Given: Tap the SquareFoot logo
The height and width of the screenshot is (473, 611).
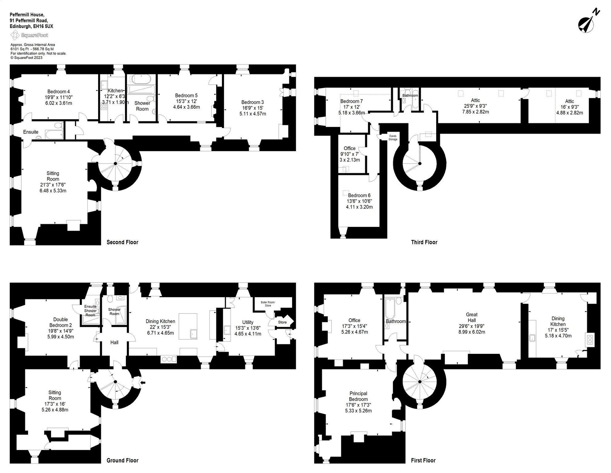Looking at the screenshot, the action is pos(30,35).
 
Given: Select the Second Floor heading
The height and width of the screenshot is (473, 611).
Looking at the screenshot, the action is pos(122,242).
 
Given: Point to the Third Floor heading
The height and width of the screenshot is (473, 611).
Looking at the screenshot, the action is pos(424,242).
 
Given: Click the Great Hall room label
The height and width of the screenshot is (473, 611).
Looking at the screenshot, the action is pos(472,317).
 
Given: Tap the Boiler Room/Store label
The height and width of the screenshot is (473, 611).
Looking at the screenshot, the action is pos(268,304).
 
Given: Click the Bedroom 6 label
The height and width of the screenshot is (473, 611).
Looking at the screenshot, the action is pos(359,195).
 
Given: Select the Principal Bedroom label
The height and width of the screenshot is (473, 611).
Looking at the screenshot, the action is pos(358,396).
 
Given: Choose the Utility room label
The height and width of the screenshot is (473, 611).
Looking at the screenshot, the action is pos(248,322).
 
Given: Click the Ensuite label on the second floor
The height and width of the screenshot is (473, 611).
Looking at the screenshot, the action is pos(31,132).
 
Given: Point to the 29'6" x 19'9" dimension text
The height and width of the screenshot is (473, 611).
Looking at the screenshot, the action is pos(472,326).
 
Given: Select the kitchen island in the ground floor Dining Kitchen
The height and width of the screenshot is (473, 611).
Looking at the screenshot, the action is pos(188,326).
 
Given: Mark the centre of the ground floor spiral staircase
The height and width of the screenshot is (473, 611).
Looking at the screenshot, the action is pos(115,382).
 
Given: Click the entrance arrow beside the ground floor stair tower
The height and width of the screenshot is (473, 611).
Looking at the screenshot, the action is pos(143,382).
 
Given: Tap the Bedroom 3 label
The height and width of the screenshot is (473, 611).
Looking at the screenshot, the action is pos(252,102).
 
